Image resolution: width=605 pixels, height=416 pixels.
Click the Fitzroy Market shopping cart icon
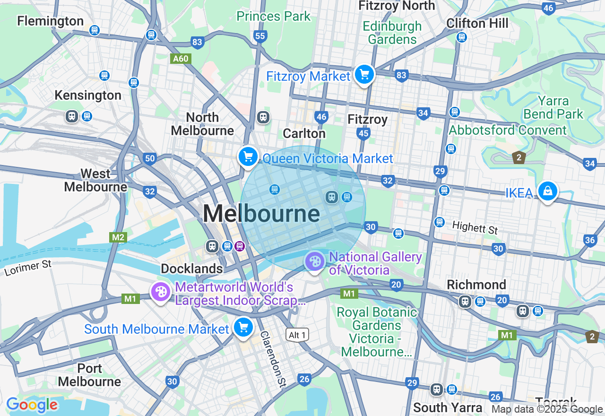(x=364, y=75)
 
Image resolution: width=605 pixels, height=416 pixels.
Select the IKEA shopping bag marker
(x=547, y=191)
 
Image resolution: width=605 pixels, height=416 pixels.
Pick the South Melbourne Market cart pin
(x=243, y=327)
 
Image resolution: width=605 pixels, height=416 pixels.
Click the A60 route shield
(x=180, y=59)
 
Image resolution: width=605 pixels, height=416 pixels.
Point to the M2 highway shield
(x=118, y=237)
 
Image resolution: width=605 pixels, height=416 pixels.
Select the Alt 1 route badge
(x=298, y=335)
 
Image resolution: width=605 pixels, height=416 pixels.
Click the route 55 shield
(x=260, y=36)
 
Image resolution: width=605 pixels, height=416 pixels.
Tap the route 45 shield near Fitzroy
(x=363, y=134)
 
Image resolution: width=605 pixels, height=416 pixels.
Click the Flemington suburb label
(x=51, y=21)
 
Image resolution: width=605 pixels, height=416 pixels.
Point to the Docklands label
(x=191, y=269)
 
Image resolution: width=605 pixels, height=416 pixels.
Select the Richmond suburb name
(x=476, y=285)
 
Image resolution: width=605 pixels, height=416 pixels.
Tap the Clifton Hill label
(x=477, y=23)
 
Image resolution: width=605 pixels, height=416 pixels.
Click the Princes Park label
(x=274, y=16)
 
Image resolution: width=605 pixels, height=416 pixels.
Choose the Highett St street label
(x=475, y=227)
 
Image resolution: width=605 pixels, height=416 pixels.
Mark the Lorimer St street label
(x=28, y=268)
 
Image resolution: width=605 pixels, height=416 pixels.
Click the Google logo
(x=32, y=405)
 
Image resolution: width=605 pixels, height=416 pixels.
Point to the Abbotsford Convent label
(x=508, y=130)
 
